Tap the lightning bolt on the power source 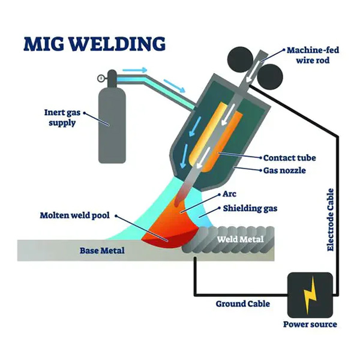tap(310, 295)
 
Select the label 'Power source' tap(310, 325)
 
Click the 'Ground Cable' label tap(242, 304)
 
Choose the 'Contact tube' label tap(289, 158)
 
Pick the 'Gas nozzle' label tap(285, 170)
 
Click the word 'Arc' tap(229, 196)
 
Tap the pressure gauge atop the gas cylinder tap(100, 77)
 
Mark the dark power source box tap(310, 295)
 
